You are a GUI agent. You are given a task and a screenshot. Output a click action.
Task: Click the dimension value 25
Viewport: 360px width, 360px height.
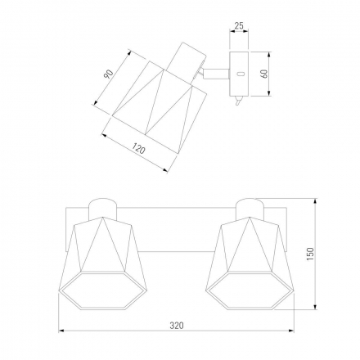click(x=239, y=26)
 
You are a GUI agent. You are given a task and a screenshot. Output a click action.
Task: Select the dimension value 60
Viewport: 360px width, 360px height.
click(x=264, y=74)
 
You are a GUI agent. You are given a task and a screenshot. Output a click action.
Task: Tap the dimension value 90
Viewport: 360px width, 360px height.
click(x=108, y=74)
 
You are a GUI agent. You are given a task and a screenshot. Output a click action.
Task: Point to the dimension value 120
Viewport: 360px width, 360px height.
click(x=139, y=149)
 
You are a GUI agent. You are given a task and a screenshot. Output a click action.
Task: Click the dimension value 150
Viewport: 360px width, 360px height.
click(x=310, y=254)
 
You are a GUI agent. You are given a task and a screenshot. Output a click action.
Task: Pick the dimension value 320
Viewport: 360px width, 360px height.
click(x=177, y=326)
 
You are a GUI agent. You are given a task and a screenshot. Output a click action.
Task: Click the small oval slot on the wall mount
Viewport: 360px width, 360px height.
click(x=241, y=74)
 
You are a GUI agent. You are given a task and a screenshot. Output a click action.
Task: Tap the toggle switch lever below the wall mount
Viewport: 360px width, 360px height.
click(x=238, y=101)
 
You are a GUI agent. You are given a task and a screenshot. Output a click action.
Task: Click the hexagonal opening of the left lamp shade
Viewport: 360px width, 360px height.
click(x=103, y=290)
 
